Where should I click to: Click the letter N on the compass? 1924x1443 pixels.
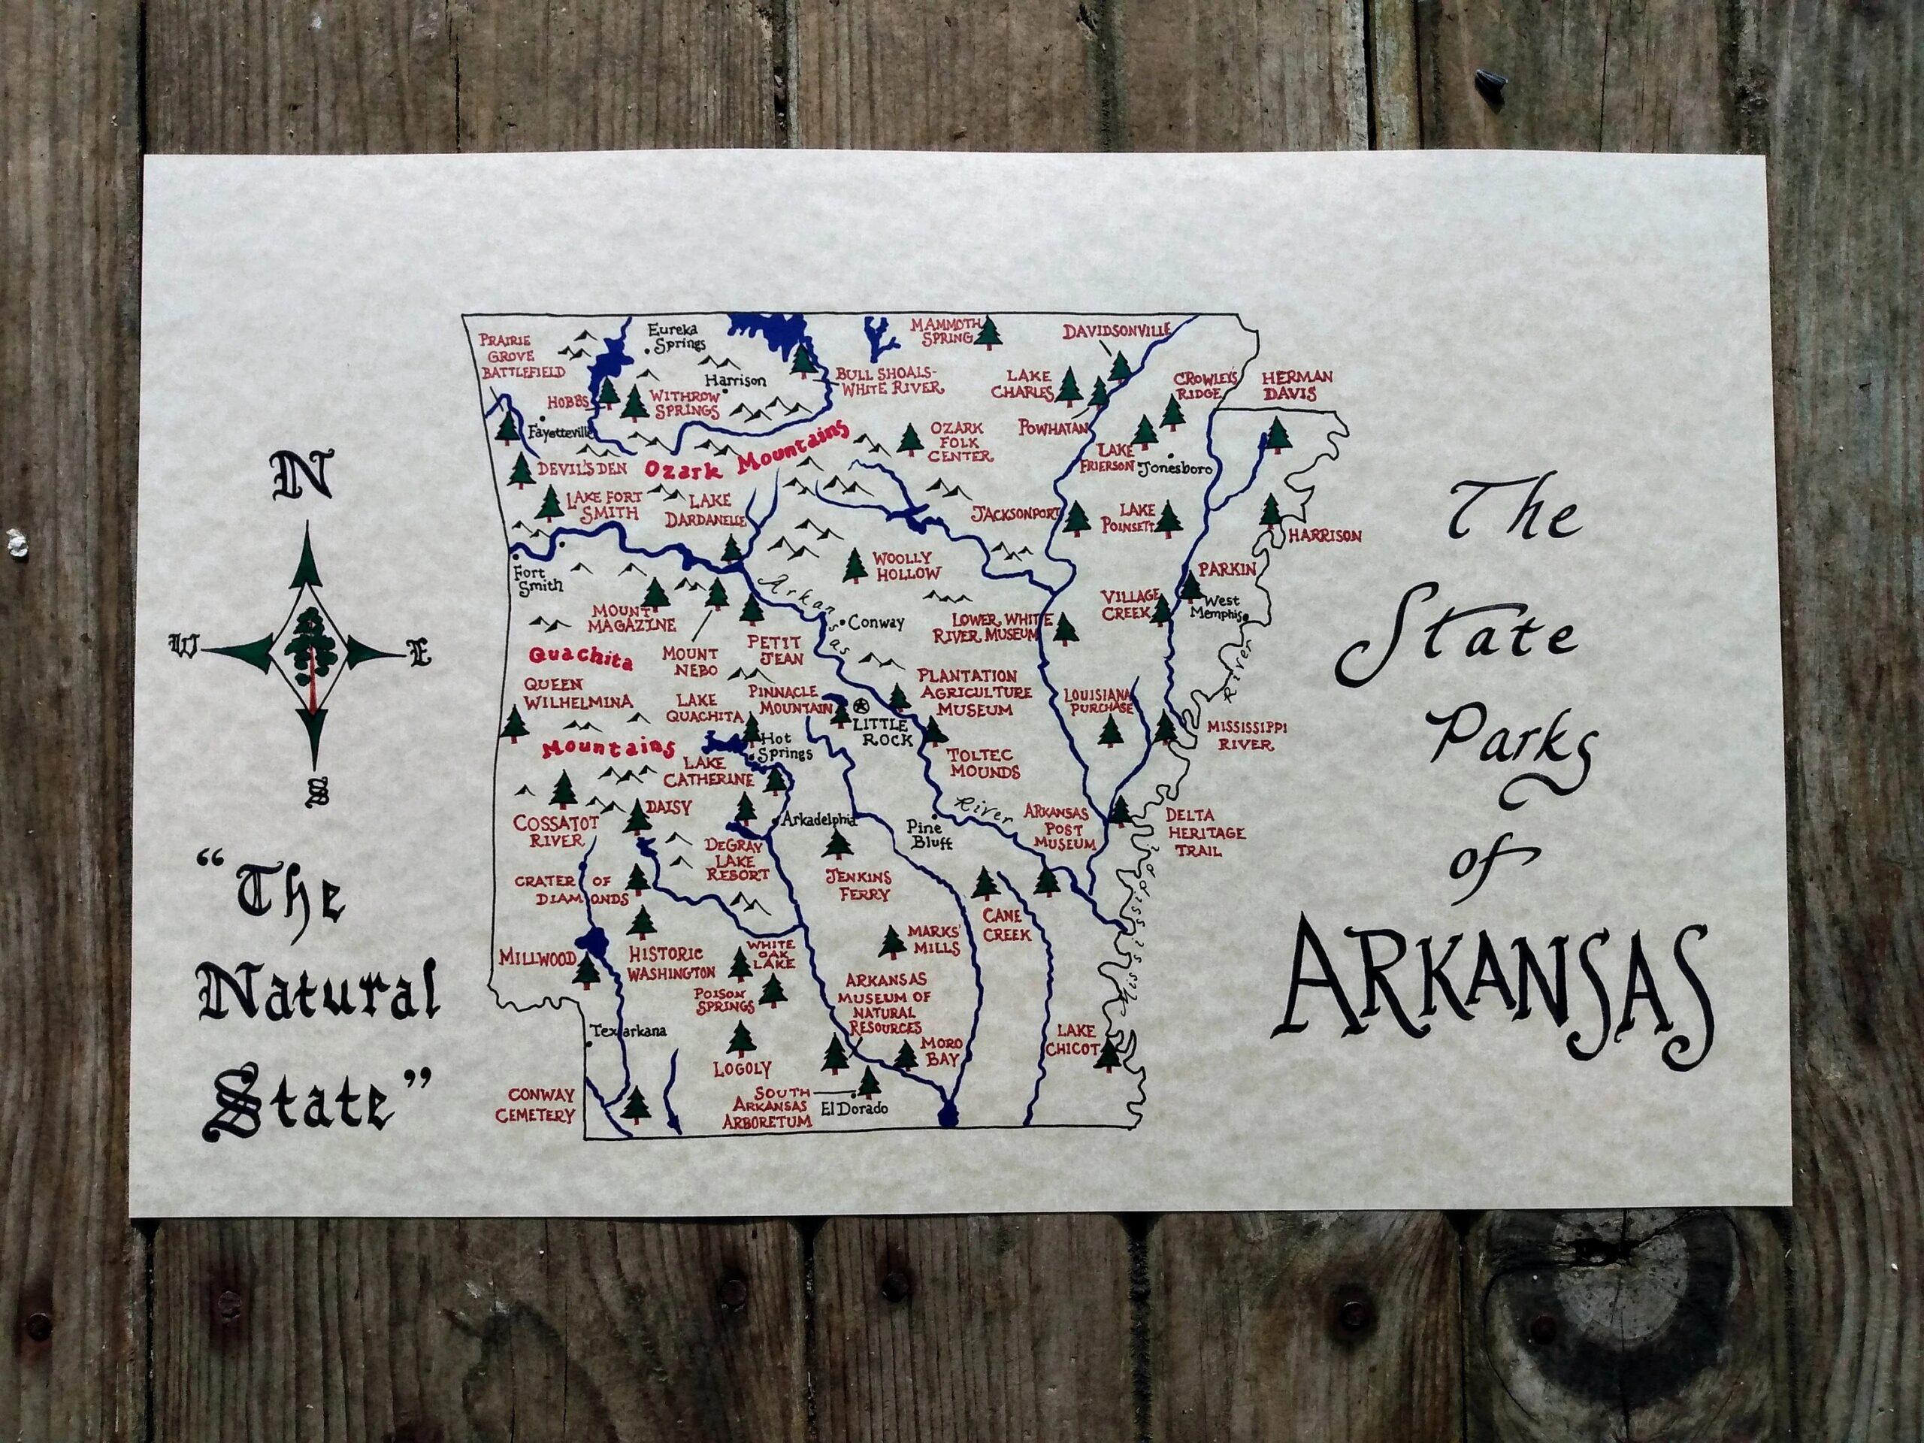tap(303, 476)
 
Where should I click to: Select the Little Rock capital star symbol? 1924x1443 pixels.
tap(862, 706)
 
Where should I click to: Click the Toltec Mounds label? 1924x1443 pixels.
tap(984, 763)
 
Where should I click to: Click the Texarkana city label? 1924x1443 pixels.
tap(628, 1030)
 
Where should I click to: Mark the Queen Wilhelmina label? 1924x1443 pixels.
tap(577, 693)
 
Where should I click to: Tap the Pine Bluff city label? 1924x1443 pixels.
tap(930, 835)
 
